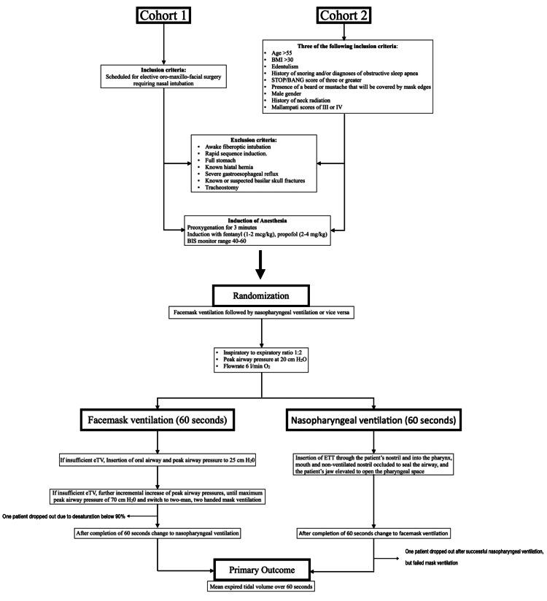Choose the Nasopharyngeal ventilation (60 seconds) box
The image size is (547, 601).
pos(375,422)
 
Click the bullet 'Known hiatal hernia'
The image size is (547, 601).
pos(220,166)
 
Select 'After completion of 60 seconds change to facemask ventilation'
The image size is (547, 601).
pos(375,532)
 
